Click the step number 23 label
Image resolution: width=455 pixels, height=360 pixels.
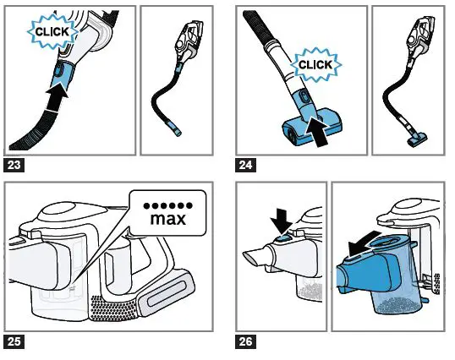[15, 165]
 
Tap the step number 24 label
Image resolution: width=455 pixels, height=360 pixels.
[249, 165]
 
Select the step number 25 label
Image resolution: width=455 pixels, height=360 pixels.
[15, 341]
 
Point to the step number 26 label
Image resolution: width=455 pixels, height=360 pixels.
[249, 341]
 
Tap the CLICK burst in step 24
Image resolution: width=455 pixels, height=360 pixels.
[315, 64]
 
